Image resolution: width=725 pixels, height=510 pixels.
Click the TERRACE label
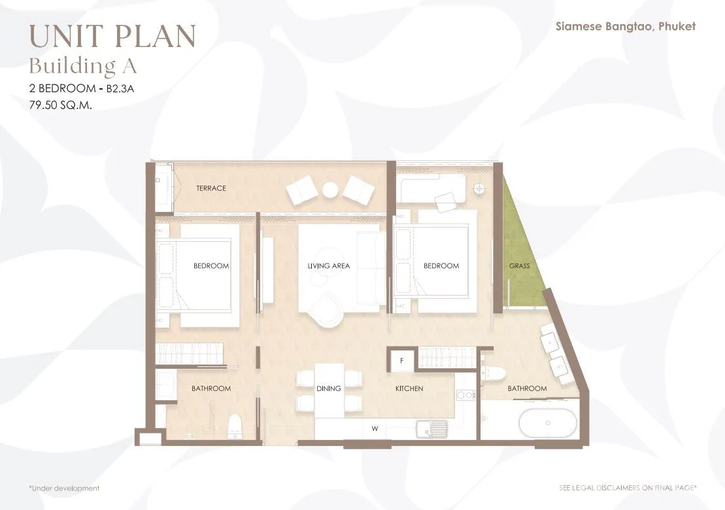coord(211,188)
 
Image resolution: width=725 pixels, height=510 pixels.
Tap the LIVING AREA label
coord(329,266)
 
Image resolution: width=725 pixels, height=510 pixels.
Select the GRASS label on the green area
coord(519,266)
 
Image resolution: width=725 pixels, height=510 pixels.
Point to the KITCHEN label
coord(409,388)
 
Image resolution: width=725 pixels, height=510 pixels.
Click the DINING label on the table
coord(329,388)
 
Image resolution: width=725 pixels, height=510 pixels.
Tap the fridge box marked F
coord(402,360)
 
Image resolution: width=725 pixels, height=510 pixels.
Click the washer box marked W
coord(375,429)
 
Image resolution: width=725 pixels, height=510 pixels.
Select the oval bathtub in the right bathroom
coord(548,424)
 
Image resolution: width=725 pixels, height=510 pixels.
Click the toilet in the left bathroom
coord(235,426)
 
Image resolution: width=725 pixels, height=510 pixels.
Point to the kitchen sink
coord(432,428)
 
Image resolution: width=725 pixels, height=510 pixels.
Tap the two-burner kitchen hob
coord(465,395)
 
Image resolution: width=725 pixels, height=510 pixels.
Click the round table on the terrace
coord(331,190)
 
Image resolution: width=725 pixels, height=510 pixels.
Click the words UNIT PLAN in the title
coord(113,36)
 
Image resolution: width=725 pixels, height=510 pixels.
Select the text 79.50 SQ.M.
coord(61,105)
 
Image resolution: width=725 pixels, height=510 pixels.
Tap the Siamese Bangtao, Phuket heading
coord(625,26)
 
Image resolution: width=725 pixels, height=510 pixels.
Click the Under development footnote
coord(64,488)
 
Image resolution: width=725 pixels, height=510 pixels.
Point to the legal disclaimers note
coord(628,488)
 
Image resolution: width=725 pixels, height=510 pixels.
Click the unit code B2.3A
coord(120,88)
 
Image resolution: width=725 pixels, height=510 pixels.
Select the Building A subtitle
coord(83,66)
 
